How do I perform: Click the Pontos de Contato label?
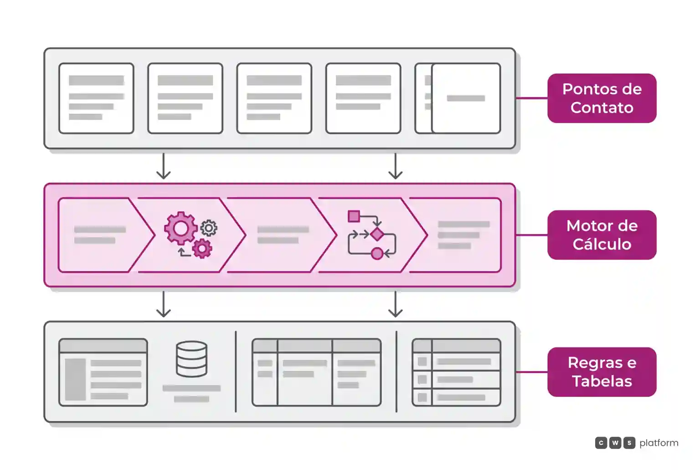[602, 98]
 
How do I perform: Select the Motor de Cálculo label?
[602, 235]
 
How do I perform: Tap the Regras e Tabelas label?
[602, 372]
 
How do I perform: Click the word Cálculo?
[602, 244]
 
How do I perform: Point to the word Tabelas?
[602, 381]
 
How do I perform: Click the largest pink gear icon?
[180, 229]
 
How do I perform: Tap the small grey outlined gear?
[209, 228]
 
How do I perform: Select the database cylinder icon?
[191, 359]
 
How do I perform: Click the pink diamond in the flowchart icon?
[377, 234]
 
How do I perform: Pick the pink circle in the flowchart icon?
[377, 253]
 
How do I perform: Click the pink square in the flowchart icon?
[354, 216]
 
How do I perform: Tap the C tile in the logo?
[601, 443]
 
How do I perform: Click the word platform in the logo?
[659, 443]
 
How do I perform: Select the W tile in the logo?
[615, 443]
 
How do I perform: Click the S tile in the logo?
[629, 443]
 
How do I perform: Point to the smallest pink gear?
[202, 249]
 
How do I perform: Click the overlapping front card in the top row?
[466, 98]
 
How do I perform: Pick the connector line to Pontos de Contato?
[531, 98]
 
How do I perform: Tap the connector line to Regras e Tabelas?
[531, 372]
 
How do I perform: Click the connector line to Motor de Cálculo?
[531, 235]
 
